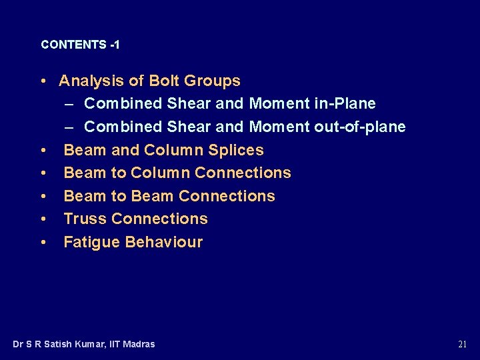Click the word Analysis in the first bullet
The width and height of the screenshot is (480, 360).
tap(91, 81)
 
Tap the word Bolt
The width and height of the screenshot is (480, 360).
tap(163, 81)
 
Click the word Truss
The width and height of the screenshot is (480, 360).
tap(85, 219)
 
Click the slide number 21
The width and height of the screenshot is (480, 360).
tap(463, 345)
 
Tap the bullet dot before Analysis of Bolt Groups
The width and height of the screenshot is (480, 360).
tap(43, 81)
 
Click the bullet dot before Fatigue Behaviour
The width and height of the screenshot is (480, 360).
tap(43, 242)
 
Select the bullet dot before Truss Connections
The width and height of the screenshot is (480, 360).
tap(43, 219)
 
